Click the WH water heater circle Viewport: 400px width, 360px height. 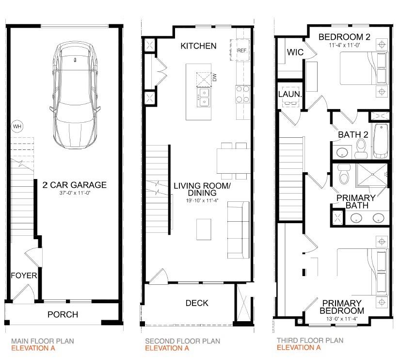(x=17, y=126)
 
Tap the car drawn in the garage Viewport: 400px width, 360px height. (x=75, y=95)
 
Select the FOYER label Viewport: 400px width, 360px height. (x=24, y=276)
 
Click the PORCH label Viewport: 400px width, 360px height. (x=63, y=314)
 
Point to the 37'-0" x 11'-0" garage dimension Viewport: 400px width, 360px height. (x=75, y=193)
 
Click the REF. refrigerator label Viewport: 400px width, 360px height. (x=242, y=50)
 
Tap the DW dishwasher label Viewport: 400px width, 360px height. (x=214, y=77)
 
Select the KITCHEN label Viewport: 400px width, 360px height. (x=198, y=46)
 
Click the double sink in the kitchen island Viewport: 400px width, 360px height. (x=204, y=97)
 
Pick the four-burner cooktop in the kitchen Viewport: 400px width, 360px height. (x=242, y=94)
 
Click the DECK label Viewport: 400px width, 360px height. (x=197, y=303)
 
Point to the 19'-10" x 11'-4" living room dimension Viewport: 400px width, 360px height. (x=202, y=201)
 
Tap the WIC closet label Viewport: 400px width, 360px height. (x=295, y=52)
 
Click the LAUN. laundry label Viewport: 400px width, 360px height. (x=290, y=94)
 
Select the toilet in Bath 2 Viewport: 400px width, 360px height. (x=360, y=148)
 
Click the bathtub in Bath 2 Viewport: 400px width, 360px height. (x=381, y=141)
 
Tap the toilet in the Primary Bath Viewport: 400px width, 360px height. (x=344, y=174)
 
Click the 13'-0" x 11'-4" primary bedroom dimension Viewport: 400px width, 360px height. (x=342, y=319)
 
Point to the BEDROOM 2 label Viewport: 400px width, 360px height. (x=344, y=37)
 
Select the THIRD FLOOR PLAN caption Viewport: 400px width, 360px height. (x=310, y=340)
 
